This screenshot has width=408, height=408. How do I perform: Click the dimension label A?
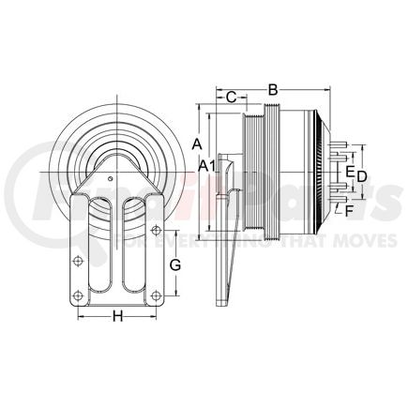[197, 144]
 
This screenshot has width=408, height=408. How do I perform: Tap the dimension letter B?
[273, 89]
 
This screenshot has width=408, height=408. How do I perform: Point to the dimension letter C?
[229, 96]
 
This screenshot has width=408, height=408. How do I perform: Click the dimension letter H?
[117, 316]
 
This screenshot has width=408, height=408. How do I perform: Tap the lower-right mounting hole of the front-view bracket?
[153, 299]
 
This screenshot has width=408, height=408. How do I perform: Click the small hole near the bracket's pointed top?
[111, 179]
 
